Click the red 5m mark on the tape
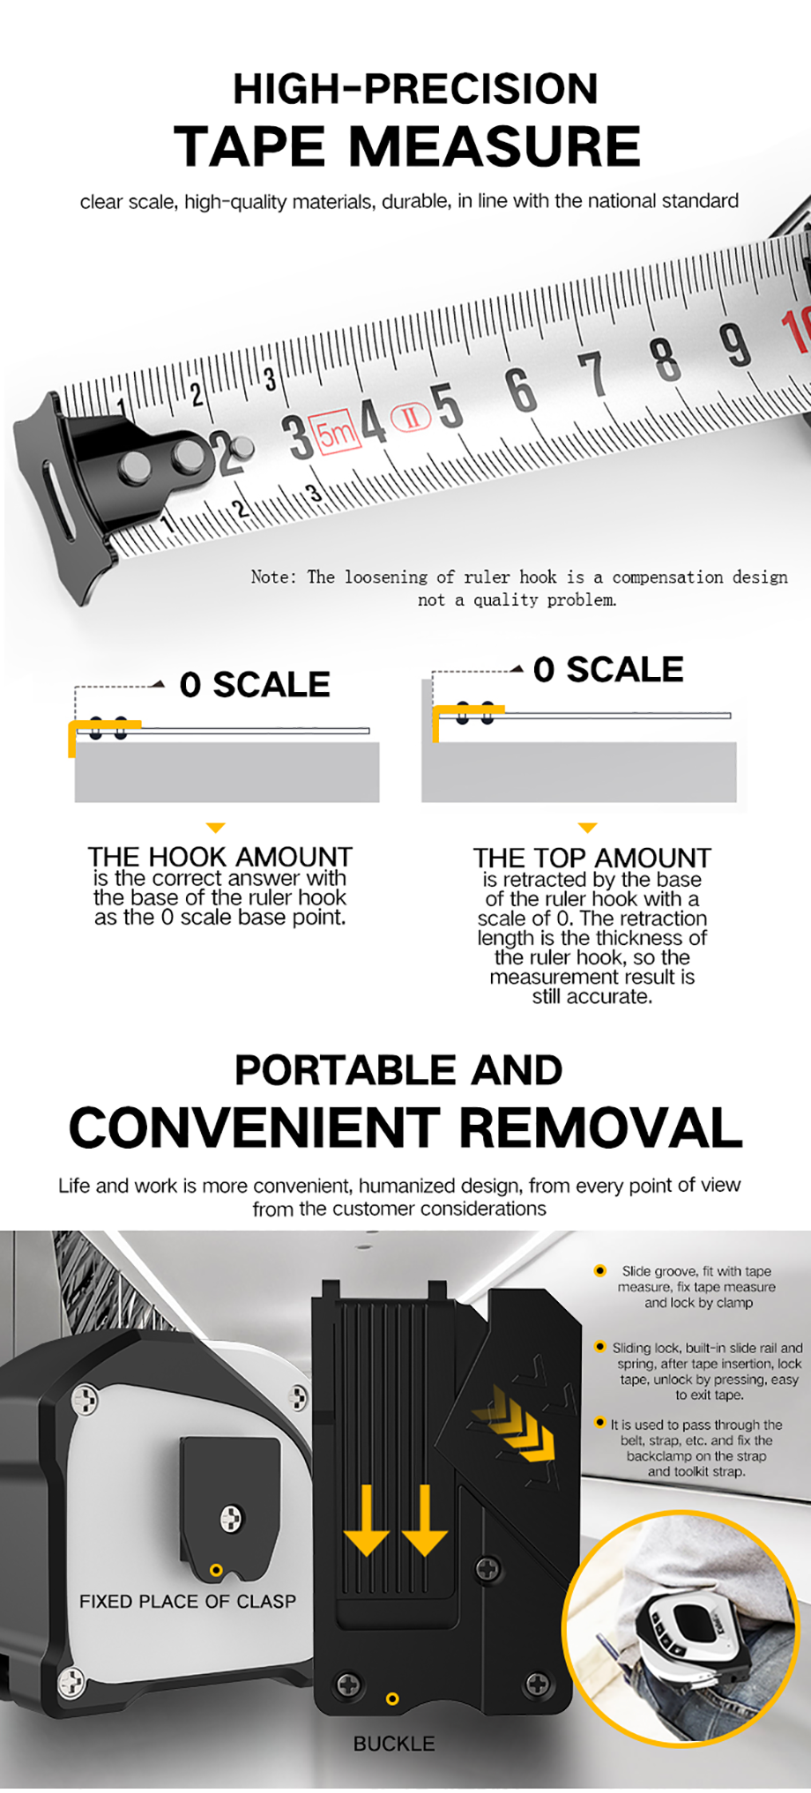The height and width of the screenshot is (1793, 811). (339, 432)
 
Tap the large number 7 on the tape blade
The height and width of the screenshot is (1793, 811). (592, 374)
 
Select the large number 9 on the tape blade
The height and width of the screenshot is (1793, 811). (734, 345)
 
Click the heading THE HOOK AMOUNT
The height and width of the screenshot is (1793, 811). (219, 857)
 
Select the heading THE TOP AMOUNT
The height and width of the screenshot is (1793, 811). (592, 858)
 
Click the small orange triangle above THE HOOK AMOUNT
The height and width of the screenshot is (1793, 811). (215, 828)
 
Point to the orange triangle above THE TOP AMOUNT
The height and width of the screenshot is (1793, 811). (588, 828)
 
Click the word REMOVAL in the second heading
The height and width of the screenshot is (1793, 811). (600, 1128)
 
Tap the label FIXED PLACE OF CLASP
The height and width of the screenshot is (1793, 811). (188, 1602)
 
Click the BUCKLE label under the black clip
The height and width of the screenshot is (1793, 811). (394, 1744)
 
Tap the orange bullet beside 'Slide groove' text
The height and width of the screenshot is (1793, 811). (600, 1270)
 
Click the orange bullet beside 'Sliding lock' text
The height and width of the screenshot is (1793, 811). (600, 1347)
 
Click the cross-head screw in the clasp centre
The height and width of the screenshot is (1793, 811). (231, 1518)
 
